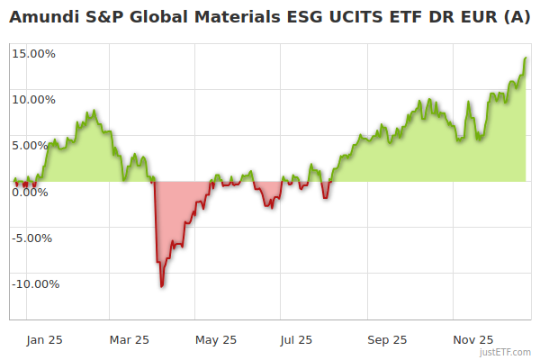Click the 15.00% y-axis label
(34, 53)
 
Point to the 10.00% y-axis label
(34, 99)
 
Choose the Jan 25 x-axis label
(44, 339)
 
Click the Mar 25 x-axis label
(130, 339)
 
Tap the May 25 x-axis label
(216, 339)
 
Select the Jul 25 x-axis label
(296, 339)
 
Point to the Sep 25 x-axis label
(387, 339)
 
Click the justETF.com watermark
(506, 352)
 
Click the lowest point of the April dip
(162, 286)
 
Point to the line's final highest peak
(526, 58)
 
